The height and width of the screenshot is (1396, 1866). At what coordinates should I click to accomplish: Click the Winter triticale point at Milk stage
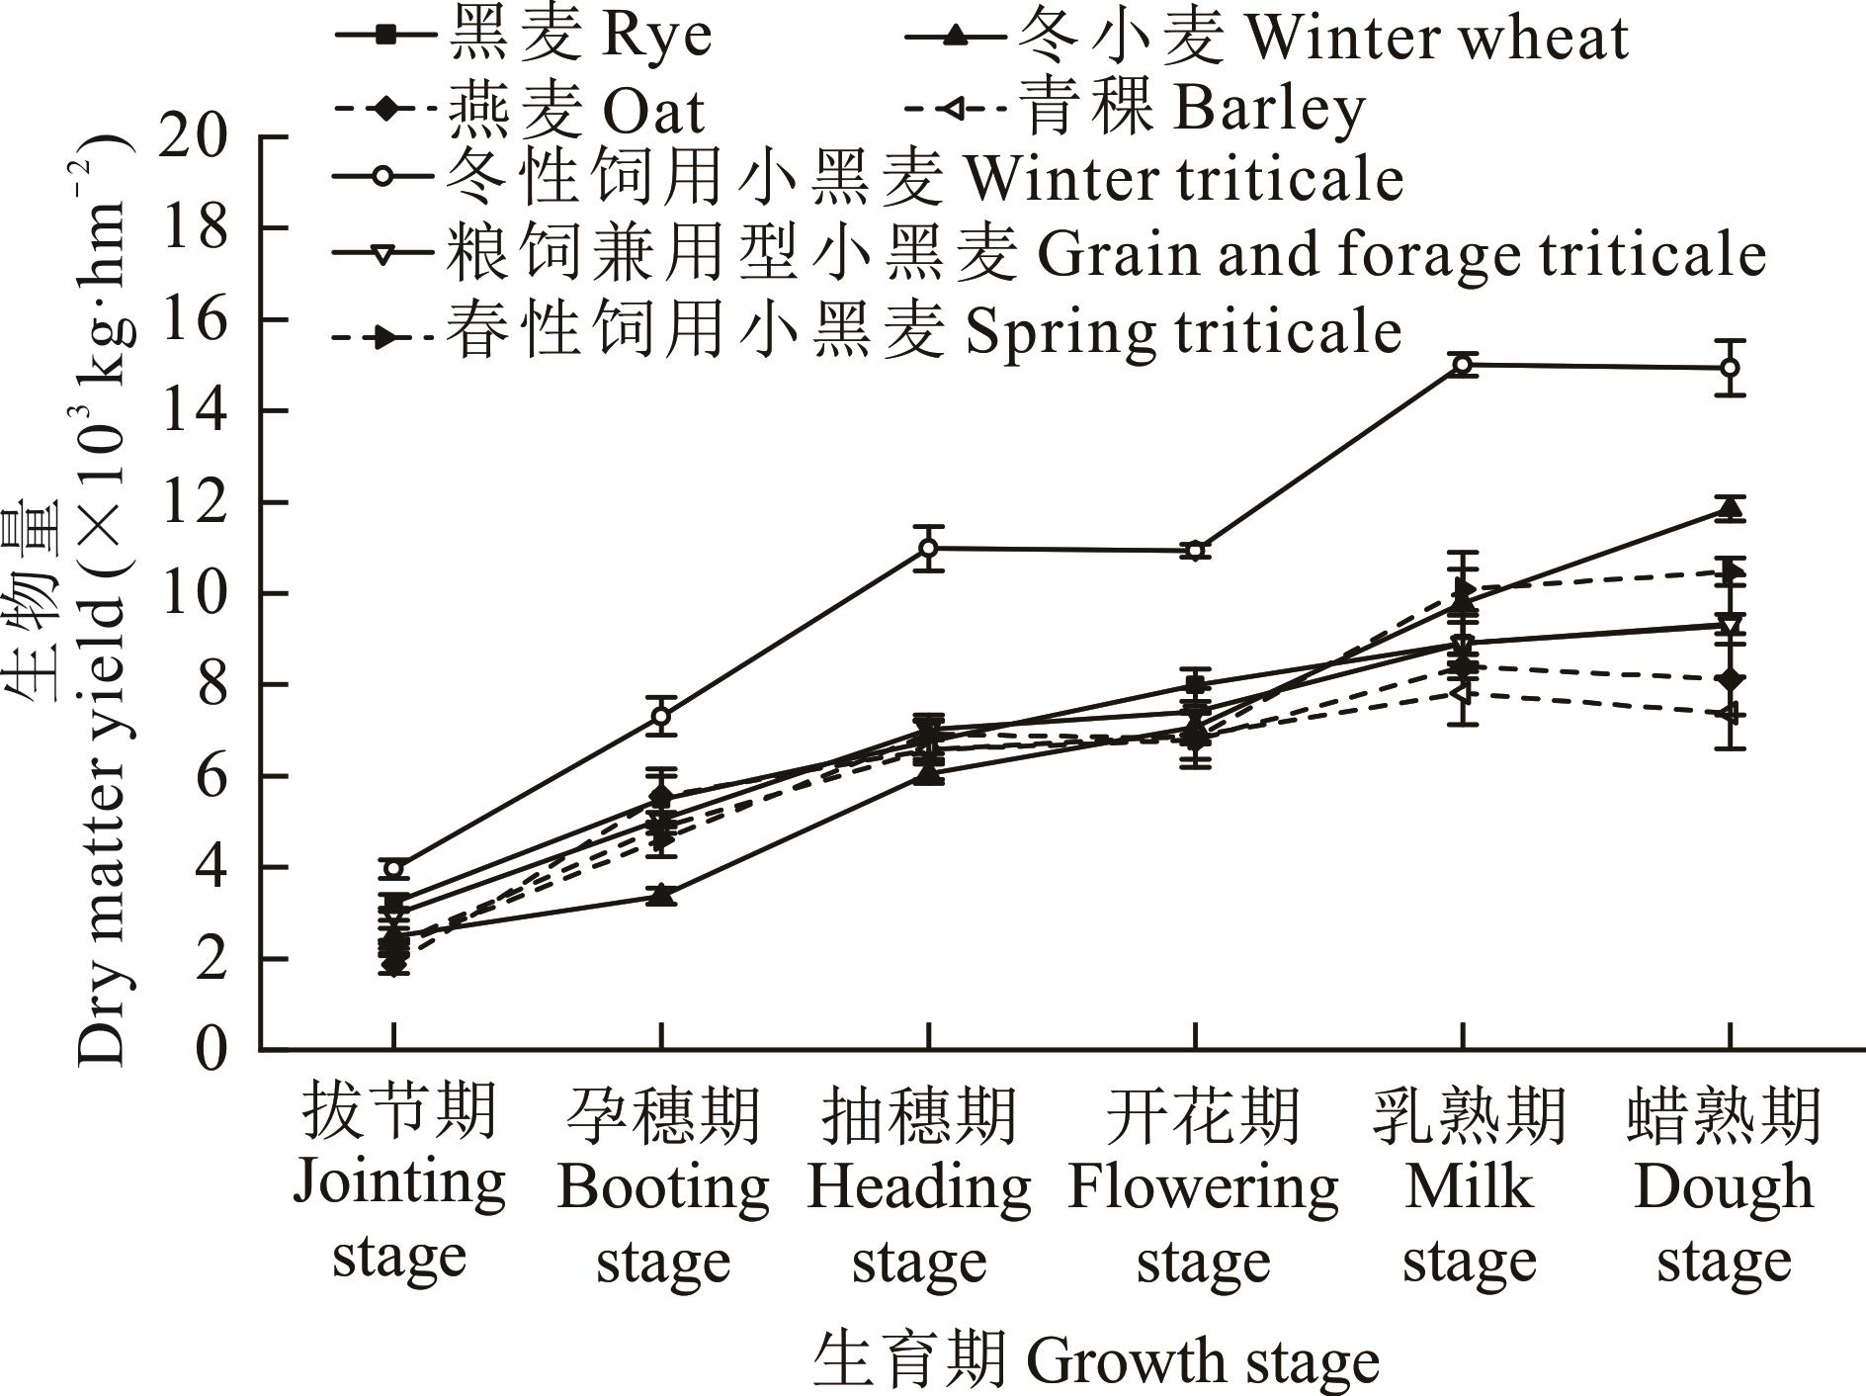coord(1463,365)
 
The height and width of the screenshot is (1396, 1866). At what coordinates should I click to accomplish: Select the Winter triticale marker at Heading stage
coord(928,548)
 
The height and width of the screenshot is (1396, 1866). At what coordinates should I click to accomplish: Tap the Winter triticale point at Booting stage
coord(661,716)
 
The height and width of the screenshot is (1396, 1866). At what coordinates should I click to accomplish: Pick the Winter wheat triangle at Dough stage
coord(1730,508)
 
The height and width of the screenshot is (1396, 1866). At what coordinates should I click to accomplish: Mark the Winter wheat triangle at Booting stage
coord(661,896)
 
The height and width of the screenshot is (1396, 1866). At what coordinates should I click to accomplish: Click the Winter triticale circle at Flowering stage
coord(1195,551)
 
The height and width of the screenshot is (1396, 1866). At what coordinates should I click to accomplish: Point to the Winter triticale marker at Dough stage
coord(1730,368)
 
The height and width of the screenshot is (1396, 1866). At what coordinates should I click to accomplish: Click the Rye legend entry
coord(524,37)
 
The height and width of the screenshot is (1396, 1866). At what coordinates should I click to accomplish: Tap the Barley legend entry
coord(1137,109)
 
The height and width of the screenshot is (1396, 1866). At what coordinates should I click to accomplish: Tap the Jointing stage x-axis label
coord(398,1182)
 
